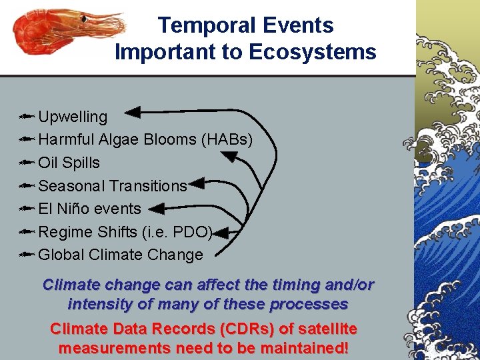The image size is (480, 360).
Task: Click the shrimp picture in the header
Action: [x=67, y=33]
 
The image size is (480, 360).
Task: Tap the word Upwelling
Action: [x=73, y=117]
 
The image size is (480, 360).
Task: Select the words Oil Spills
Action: [x=69, y=163]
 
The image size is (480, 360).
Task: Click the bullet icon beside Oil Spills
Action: [x=26, y=163]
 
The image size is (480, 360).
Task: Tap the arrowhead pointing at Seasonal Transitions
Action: [x=197, y=183]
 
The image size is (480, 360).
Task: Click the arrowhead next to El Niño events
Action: [x=156, y=209]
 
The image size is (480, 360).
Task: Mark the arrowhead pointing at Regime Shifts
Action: [x=221, y=233]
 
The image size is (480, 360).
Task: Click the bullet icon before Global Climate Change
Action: [x=26, y=255]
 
